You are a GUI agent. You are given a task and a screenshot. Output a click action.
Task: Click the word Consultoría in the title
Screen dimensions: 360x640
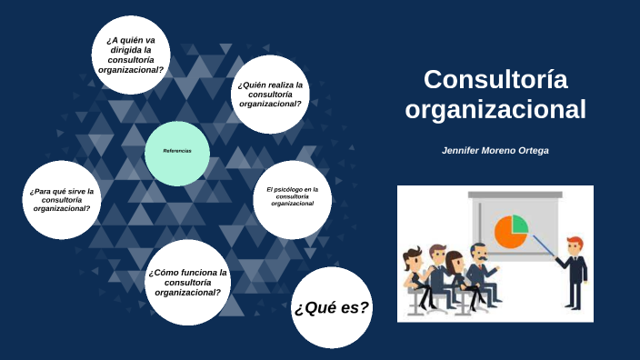(x=495, y=80)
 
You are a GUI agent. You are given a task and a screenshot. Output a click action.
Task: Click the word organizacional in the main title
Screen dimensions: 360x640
(x=495, y=110)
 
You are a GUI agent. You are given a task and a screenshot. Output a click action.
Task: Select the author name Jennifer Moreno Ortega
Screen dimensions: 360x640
(x=495, y=150)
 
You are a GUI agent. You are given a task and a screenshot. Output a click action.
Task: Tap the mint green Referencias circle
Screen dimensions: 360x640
(x=176, y=153)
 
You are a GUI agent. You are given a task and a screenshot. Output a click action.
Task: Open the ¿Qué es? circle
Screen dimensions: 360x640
(x=331, y=307)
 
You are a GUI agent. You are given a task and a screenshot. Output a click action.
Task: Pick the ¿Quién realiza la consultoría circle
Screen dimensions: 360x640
(x=270, y=94)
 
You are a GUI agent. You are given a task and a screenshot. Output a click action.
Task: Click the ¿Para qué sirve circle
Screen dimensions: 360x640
(x=61, y=200)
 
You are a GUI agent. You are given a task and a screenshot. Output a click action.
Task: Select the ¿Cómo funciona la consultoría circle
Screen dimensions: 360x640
(x=186, y=282)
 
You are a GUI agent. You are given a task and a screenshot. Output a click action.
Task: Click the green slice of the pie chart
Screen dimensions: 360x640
(x=518, y=224)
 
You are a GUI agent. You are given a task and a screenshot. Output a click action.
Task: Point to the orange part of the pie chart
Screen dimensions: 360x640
(x=507, y=234)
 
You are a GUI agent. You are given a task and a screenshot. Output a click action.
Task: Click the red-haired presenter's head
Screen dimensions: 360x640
(x=574, y=245)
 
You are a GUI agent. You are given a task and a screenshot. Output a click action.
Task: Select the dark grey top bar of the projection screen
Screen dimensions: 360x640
(x=515, y=194)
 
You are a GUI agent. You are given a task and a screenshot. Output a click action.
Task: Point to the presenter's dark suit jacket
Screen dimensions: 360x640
(x=575, y=271)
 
